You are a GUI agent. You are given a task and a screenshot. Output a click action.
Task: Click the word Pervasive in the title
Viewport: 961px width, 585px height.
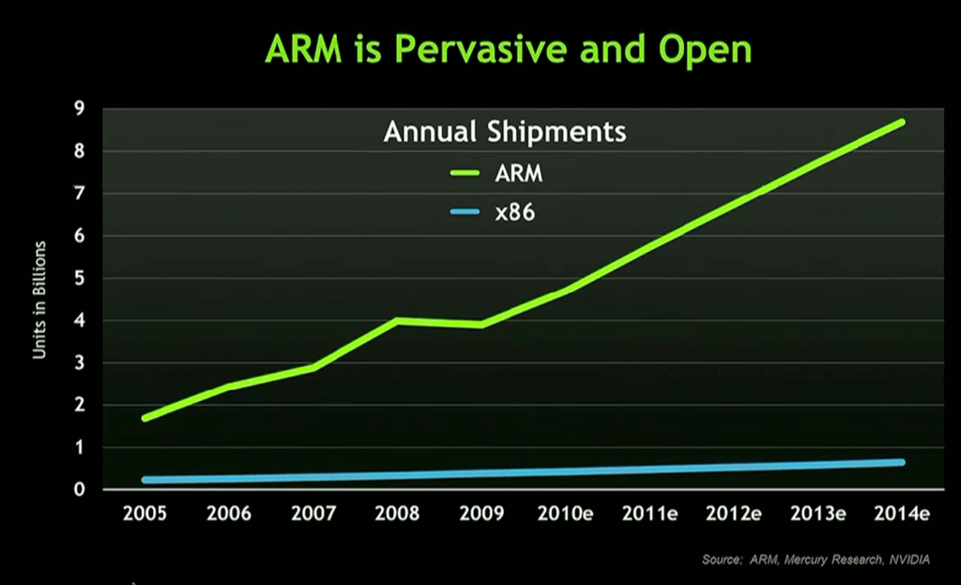click(480, 49)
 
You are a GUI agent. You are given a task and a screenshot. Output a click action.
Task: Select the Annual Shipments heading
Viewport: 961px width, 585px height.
click(505, 132)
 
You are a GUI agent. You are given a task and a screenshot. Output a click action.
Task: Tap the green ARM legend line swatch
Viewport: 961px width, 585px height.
click(465, 174)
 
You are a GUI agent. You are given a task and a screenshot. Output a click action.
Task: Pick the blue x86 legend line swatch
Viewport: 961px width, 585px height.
click(465, 212)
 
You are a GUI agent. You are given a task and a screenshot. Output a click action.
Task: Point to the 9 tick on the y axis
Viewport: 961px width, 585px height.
click(79, 109)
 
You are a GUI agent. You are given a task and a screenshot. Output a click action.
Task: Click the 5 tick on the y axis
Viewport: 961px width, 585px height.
click(79, 278)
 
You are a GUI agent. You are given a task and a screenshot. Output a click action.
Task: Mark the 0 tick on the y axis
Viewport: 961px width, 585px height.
click(79, 489)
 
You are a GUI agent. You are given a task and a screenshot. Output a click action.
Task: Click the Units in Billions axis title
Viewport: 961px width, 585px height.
click(39, 300)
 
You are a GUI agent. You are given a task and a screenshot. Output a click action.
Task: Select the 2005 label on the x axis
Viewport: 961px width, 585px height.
click(145, 514)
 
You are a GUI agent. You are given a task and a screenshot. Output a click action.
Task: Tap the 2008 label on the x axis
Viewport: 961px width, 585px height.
click(397, 514)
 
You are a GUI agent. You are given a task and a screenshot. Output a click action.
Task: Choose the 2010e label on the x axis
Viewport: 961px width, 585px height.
click(565, 514)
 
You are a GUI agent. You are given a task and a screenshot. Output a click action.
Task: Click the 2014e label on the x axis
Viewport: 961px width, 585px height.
click(902, 514)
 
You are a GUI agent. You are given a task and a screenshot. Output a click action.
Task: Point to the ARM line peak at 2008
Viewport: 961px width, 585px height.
click(397, 320)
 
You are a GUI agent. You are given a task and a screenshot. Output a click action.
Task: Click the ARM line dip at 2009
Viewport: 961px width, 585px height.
click(481, 325)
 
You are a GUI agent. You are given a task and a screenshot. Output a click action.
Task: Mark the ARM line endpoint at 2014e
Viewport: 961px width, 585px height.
click(902, 123)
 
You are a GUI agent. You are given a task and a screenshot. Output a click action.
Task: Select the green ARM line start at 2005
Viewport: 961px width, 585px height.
click(145, 419)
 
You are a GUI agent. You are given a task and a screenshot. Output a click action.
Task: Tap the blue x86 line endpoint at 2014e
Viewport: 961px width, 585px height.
click(902, 462)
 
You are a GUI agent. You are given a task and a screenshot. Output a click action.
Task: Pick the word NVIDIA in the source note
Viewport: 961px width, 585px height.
click(909, 560)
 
